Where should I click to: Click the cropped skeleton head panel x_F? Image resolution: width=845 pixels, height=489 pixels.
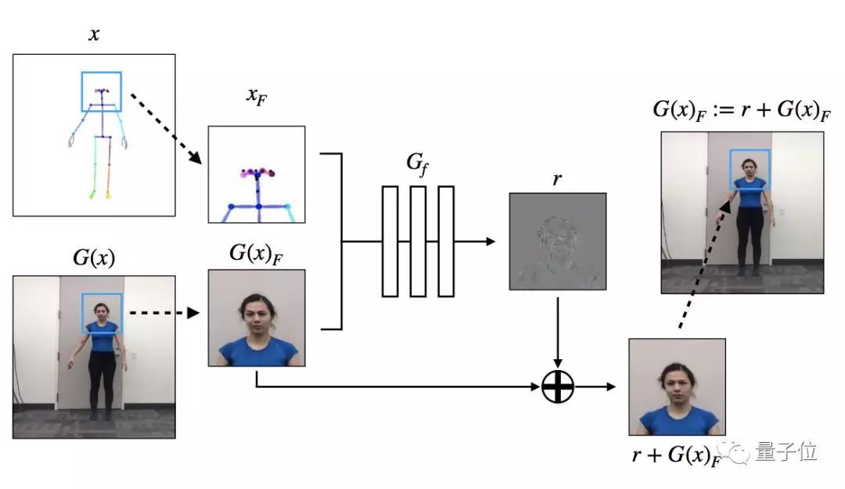[x=256, y=174]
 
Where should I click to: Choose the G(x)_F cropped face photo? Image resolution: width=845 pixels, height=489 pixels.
[x=256, y=318]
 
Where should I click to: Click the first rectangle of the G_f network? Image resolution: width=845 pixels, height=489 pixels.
[x=390, y=241]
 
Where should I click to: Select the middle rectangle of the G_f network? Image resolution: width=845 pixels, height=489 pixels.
[x=418, y=241]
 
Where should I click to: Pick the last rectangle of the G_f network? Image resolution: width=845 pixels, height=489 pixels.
[x=446, y=241]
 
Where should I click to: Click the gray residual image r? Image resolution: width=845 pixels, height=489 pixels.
[x=557, y=241]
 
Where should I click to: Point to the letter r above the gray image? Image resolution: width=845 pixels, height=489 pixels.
[x=557, y=179]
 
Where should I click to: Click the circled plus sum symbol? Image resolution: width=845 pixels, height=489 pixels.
[x=558, y=386]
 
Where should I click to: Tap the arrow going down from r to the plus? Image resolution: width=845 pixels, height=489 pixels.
[x=558, y=329]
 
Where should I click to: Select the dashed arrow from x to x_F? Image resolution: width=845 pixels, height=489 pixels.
[x=165, y=129]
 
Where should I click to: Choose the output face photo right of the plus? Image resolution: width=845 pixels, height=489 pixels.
[x=677, y=387]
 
